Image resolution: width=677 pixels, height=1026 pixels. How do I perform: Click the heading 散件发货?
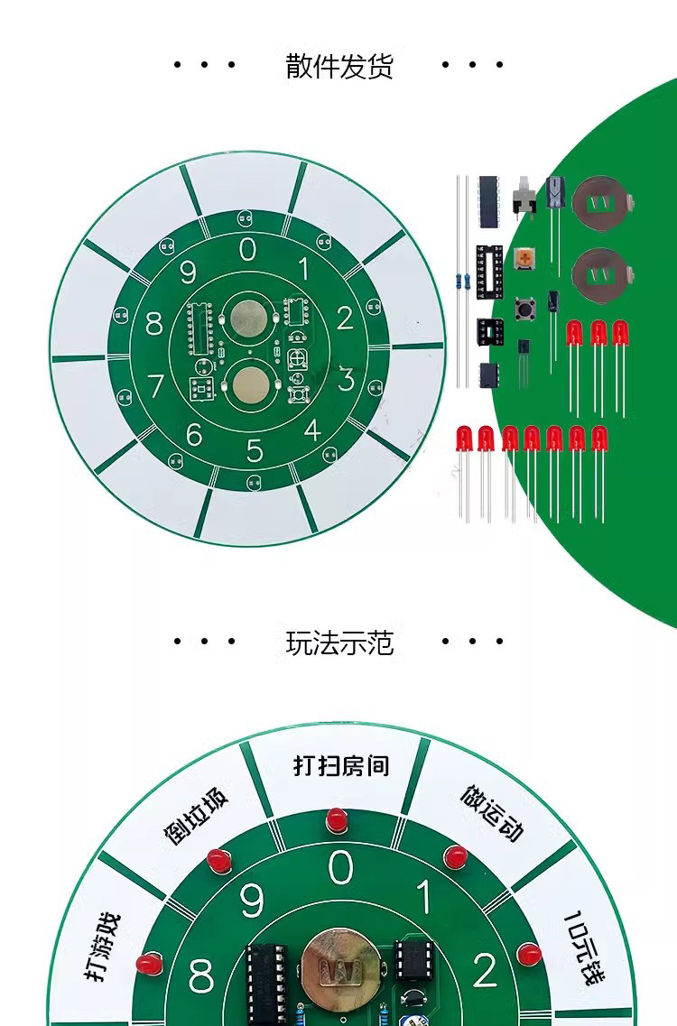[x=339, y=66]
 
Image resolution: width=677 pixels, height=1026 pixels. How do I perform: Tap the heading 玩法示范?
[x=339, y=643]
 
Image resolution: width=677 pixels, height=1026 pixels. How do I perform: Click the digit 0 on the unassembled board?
[x=247, y=249]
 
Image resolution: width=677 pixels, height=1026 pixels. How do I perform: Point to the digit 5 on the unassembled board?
[x=255, y=450]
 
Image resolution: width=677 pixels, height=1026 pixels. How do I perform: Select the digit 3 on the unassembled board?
[x=345, y=378]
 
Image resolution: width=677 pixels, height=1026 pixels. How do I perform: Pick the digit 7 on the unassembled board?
[x=155, y=386]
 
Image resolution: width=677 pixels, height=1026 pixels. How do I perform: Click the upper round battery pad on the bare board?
[x=246, y=318]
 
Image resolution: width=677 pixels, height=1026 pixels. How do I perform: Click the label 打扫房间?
[x=341, y=765]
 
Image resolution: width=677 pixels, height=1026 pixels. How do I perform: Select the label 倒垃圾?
[x=196, y=816]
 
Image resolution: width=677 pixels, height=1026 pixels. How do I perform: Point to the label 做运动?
[x=492, y=812]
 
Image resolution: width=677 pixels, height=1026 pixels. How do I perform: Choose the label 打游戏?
[x=104, y=947]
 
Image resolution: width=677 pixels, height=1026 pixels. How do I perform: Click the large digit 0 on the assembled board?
[x=340, y=868]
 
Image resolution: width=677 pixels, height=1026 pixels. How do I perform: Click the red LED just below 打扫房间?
[x=337, y=820]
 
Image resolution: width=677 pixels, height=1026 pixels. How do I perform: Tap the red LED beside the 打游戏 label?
[x=149, y=964]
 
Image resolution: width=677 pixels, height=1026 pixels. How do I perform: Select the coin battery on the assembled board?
[x=340, y=969]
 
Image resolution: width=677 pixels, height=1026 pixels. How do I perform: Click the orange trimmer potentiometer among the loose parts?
[x=524, y=258]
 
